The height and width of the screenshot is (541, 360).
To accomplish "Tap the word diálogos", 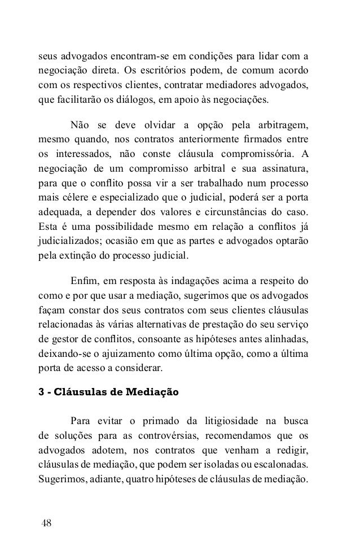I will coord(130,101).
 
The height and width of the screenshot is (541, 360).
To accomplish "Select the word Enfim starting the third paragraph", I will coord(82,281).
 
